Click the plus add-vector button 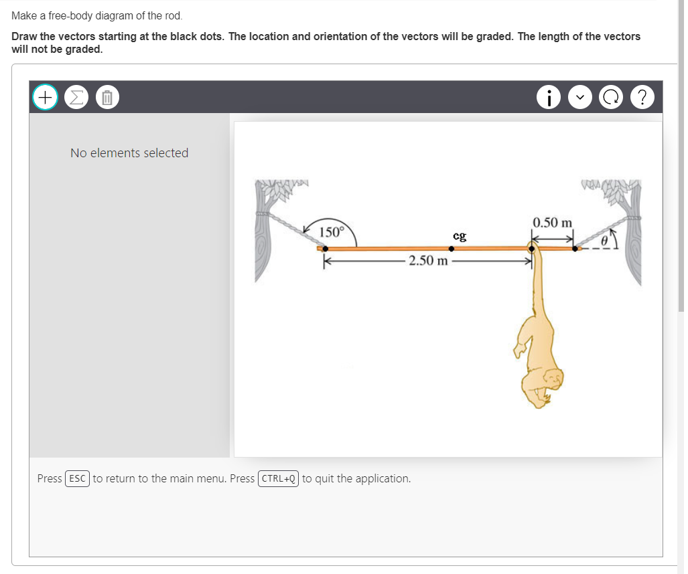coord(45,97)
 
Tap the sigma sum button coord(76,97)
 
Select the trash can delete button coord(107,98)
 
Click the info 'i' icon coord(549,97)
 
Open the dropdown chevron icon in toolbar coord(581,97)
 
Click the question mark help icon coord(642,97)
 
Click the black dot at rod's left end coord(326,248)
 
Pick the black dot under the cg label coord(452,248)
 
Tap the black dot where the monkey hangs coord(533,248)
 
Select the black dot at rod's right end coord(575,248)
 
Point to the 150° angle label coord(331,233)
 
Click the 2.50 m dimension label coord(429,261)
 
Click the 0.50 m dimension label coord(553,222)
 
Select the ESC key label coord(78,479)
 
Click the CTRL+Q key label coord(278,479)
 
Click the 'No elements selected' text coord(129,153)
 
